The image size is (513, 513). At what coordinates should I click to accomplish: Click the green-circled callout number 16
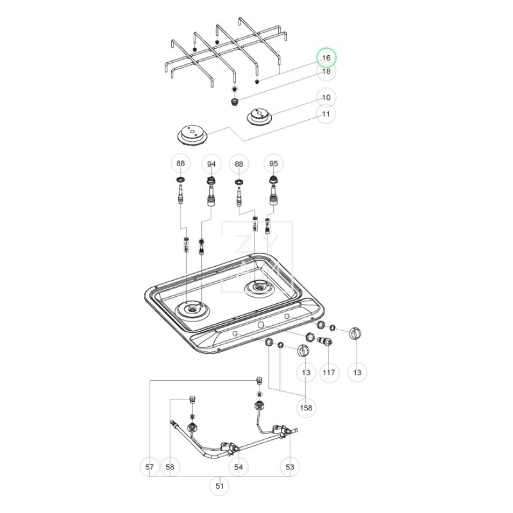click(326, 58)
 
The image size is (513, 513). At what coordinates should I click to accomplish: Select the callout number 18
click(326, 71)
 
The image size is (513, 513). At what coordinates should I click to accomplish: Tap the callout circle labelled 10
click(326, 97)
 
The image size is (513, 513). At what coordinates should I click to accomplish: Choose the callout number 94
click(211, 165)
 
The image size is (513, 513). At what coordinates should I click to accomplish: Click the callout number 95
click(274, 165)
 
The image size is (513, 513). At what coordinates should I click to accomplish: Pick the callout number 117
click(329, 372)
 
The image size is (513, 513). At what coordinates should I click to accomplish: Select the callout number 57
click(149, 467)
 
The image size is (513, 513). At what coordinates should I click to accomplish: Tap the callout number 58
click(169, 467)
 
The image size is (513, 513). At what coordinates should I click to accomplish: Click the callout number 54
click(239, 467)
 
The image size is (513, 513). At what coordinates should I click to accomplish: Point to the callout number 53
click(290, 467)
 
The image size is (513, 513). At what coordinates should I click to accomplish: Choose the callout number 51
click(220, 486)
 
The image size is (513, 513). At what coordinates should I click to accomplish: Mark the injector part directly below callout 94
click(210, 191)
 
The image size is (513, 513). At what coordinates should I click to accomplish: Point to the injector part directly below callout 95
click(274, 190)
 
